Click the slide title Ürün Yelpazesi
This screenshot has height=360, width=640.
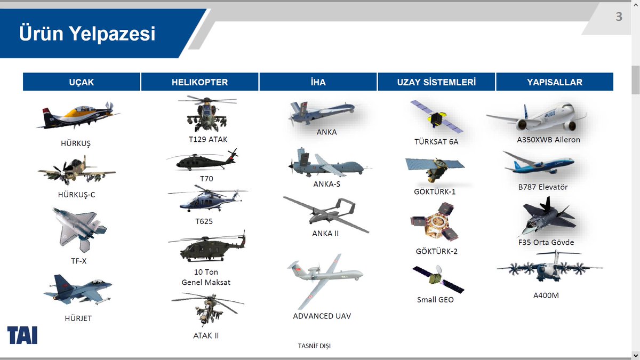87,33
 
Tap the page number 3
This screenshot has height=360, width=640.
619,17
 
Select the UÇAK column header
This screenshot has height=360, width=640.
81,82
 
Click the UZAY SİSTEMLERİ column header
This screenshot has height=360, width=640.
436,82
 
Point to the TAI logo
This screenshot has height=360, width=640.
22,334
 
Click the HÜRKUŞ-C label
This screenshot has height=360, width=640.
76,195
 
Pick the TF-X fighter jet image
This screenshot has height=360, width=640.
79,228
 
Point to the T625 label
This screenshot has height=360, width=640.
204,221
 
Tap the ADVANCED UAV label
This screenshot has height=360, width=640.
322,316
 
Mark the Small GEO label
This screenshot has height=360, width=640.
435,300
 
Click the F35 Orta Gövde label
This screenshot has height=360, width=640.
546,242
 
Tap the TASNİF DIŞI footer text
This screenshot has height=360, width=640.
314,346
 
